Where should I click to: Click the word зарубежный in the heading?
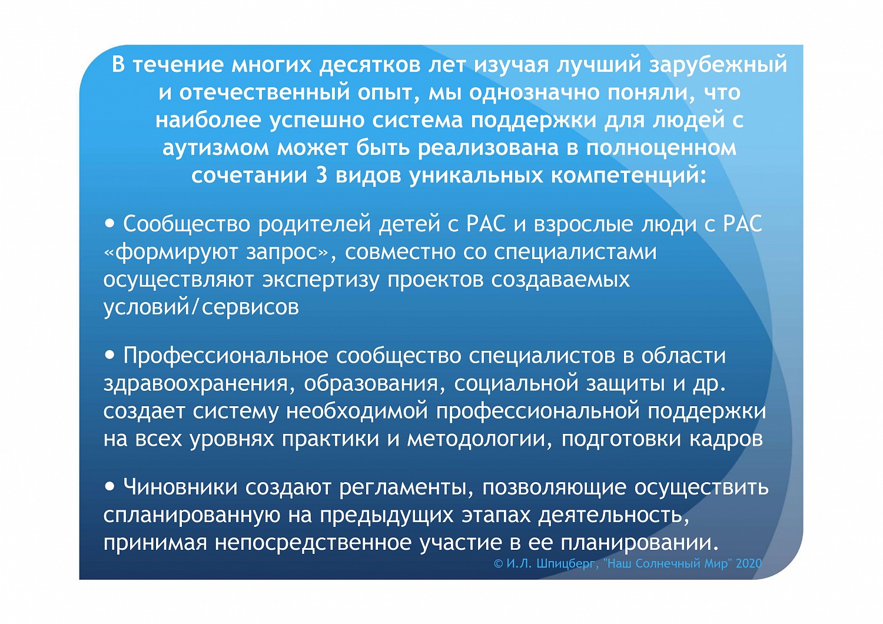tap(718, 65)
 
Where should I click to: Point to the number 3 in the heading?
tap(321, 175)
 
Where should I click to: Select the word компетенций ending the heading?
tap(628, 175)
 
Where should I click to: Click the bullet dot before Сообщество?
tap(109, 224)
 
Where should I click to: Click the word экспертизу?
tap(321, 280)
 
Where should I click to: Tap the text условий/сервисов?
tap(201, 307)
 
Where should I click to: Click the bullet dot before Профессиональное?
tap(109, 355)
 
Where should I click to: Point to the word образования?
tap(371, 383)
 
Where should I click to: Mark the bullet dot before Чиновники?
tap(109, 486)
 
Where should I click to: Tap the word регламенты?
tap(410, 487)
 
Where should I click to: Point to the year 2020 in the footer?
tap(749, 563)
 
